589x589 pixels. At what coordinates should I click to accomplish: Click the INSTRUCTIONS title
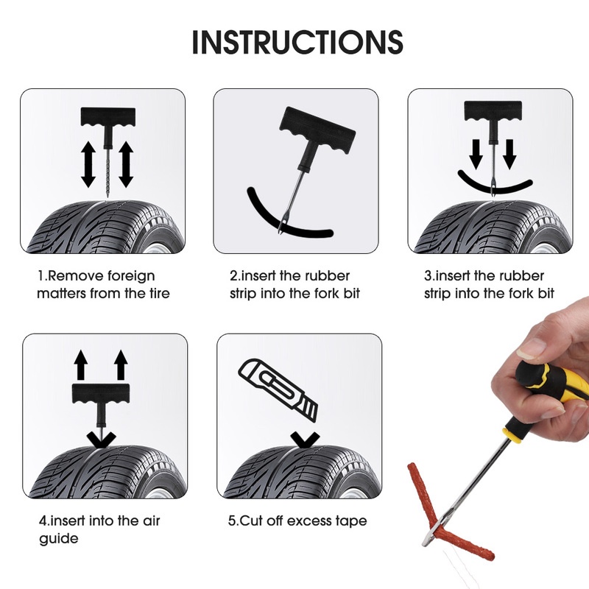(297, 42)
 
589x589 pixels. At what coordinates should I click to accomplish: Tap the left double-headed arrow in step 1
(89, 164)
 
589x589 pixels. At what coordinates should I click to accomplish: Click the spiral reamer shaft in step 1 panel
(107, 166)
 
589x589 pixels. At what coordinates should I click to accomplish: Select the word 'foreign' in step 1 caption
(129, 276)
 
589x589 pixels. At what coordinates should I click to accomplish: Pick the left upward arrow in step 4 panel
(80, 364)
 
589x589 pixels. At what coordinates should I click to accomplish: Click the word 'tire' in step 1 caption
(158, 294)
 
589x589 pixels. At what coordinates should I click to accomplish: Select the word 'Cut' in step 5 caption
(250, 521)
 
